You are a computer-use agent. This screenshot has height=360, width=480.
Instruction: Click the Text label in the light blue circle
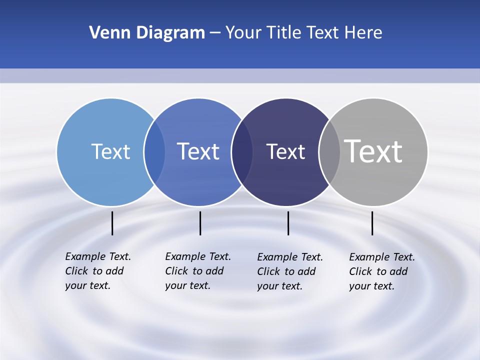click(x=110, y=151)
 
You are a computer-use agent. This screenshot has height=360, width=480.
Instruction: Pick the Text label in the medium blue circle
click(x=198, y=151)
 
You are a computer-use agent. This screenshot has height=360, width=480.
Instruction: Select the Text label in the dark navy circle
click(x=285, y=151)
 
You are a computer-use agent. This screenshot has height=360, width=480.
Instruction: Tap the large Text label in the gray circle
click(x=373, y=151)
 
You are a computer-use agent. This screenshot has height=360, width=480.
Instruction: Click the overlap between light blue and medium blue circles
click(x=154, y=151)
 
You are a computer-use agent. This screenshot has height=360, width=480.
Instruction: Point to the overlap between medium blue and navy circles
click(x=242, y=151)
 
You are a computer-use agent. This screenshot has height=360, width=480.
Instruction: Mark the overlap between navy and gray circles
click(x=329, y=151)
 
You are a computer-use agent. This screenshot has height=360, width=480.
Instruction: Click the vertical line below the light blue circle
click(x=112, y=223)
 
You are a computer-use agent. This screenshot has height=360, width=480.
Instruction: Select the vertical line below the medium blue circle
click(x=200, y=223)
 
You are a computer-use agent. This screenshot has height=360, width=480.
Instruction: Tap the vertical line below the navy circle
click(x=288, y=223)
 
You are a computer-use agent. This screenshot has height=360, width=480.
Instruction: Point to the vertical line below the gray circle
click(x=372, y=223)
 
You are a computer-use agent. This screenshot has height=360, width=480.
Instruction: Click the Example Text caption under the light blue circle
click(x=97, y=271)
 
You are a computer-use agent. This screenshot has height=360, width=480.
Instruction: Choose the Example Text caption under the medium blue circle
click(x=197, y=271)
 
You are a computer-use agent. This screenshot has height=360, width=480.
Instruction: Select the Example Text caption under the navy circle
click(x=289, y=271)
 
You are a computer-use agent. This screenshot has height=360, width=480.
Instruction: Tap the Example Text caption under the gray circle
click(x=381, y=271)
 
